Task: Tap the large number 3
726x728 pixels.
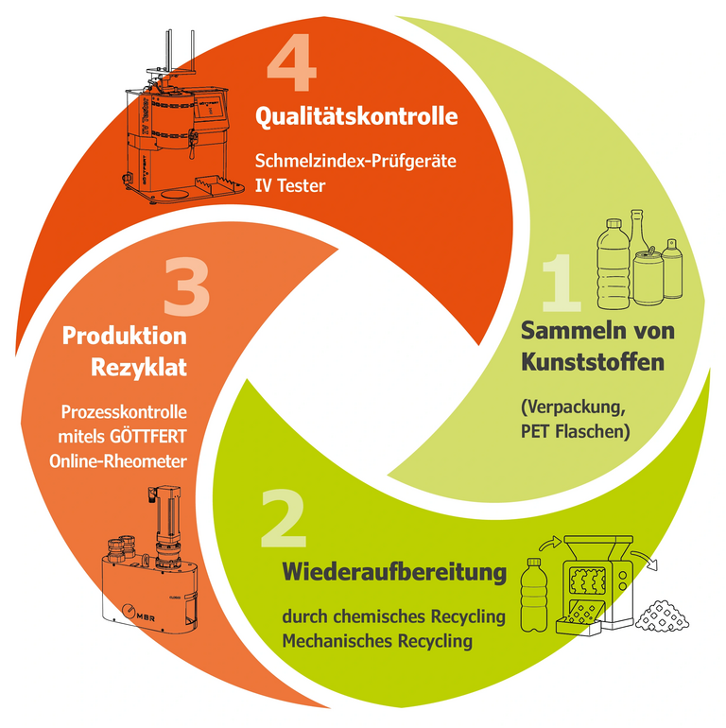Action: point(187,287)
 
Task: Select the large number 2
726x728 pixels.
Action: point(284,519)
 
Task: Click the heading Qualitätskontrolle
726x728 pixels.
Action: point(356,116)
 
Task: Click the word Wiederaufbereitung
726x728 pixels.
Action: point(394,571)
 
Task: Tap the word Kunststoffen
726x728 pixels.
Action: point(593,362)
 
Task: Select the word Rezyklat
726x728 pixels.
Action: point(139,367)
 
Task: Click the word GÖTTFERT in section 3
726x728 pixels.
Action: point(148,437)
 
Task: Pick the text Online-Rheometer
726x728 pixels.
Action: point(118,461)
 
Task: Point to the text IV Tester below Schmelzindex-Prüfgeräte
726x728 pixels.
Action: point(290,185)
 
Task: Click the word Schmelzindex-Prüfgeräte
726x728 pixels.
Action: point(355,161)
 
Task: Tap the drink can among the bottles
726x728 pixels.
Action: point(648,277)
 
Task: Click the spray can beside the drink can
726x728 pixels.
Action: point(672,269)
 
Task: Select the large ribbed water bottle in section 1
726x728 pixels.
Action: point(614,264)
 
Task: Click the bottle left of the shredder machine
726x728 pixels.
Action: point(534,595)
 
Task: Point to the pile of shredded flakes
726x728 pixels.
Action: point(662,615)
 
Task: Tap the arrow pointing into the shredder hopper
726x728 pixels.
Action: point(550,543)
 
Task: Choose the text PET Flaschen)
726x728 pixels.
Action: point(575,432)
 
